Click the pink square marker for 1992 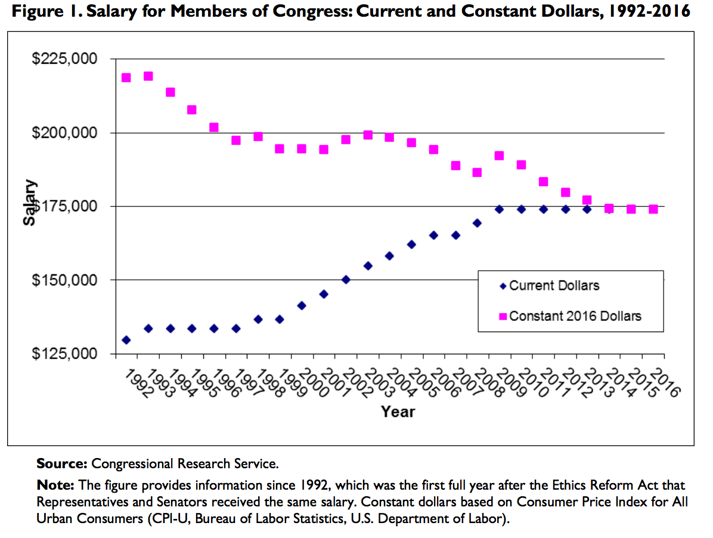pos(126,78)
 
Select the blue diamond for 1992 pos(126,340)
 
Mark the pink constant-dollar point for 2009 pos(500,156)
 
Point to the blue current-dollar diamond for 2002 pos(346,279)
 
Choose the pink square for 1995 pos(192,110)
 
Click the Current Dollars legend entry pos(554,286)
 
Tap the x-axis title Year pos(398,412)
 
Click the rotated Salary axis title pos(30,203)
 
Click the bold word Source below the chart pos(61,463)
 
